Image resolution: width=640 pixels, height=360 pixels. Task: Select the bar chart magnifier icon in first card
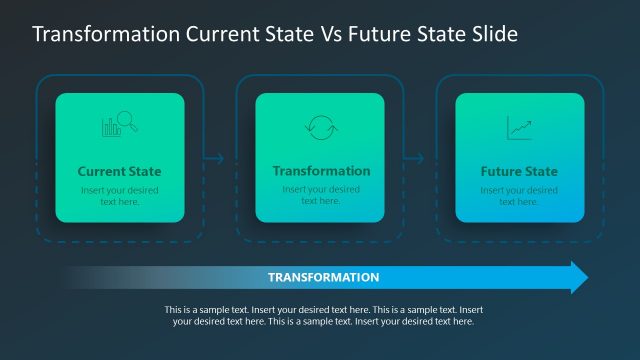coord(119,127)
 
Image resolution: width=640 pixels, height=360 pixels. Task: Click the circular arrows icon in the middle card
coord(319,127)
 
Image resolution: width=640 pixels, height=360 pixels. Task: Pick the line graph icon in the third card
coord(519,127)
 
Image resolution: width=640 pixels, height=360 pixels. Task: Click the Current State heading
coord(119,171)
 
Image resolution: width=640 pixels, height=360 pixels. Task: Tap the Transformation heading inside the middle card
coord(321,171)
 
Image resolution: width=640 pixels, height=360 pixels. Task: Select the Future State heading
coord(519,171)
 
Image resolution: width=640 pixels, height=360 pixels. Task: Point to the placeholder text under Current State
coord(119,196)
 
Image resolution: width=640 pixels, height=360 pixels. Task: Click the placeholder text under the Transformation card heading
coord(321,195)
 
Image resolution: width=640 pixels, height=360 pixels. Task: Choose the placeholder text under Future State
coord(519,196)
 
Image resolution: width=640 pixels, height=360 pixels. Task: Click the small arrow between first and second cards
coord(213,157)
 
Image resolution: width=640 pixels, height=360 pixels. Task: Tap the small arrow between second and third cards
coord(413,157)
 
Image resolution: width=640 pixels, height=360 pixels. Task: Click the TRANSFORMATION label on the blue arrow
coord(323,277)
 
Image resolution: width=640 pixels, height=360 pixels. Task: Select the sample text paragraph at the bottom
coord(320,316)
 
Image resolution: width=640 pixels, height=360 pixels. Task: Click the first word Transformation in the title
coord(107,34)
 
